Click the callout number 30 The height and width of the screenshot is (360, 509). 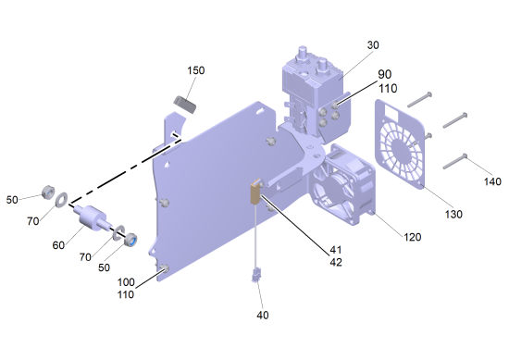pyautogui.click(x=373, y=45)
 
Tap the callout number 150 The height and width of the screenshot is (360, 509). pyautogui.click(x=196, y=70)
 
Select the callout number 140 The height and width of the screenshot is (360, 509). pyautogui.click(x=492, y=181)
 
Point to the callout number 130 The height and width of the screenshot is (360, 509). pyautogui.click(x=453, y=215)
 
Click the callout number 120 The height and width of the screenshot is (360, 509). pyautogui.click(x=412, y=237)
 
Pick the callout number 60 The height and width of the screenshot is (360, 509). pyautogui.click(x=58, y=245)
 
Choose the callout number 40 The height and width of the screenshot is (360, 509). pyautogui.click(x=263, y=315)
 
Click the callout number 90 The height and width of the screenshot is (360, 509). pyautogui.click(x=385, y=74)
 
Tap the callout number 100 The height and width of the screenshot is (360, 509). pyautogui.click(x=126, y=281)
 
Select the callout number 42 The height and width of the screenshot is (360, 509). pyautogui.click(x=336, y=262)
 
